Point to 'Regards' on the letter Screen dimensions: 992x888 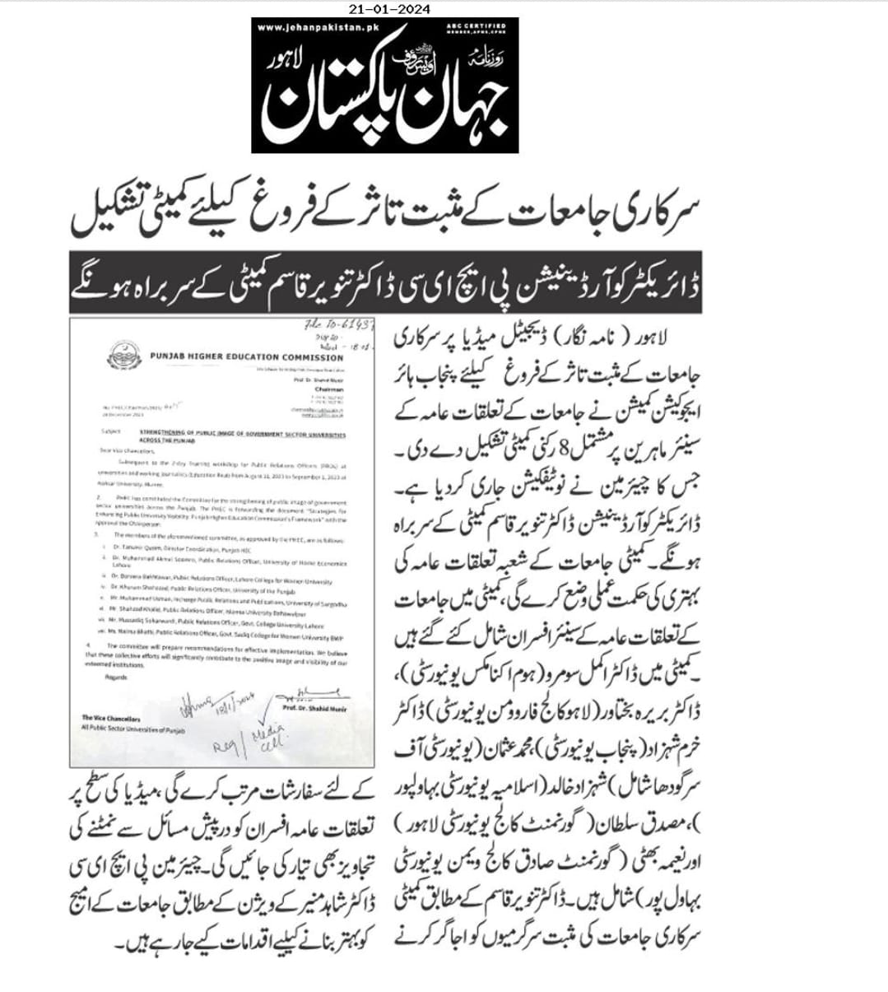pyautogui.click(x=116, y=678)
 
